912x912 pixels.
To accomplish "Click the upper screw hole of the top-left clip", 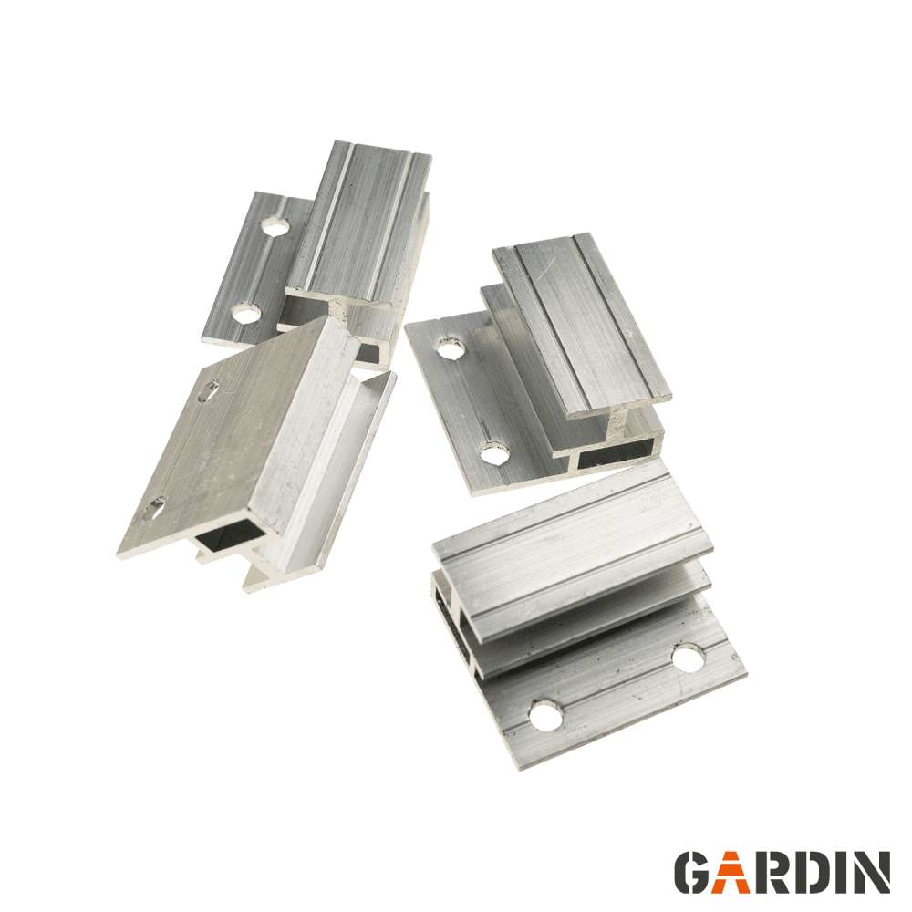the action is coord(276,225).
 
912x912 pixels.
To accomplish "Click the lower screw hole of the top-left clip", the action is coord(246,314).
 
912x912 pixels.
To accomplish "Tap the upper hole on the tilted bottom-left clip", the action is coord(209,391).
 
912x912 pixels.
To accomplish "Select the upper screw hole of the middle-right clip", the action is coord(451,348).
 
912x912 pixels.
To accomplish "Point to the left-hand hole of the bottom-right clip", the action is coord(546,715).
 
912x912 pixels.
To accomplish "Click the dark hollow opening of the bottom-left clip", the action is coord(230,535).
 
